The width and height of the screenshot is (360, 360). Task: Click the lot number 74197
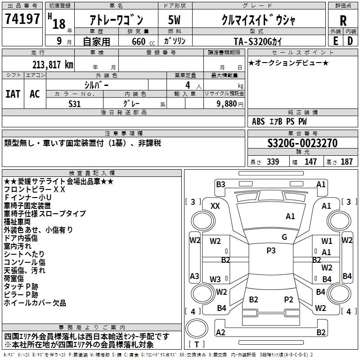coord(22,19)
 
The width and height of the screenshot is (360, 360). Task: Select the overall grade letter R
coord(343,20)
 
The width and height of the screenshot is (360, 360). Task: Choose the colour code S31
coord(75,103)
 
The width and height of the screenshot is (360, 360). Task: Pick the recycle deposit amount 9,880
coord(227,103)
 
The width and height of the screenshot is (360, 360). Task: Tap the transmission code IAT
coord(13,94)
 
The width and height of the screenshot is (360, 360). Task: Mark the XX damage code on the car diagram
coord(216,206)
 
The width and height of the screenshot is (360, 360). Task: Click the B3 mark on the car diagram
coord(220,184)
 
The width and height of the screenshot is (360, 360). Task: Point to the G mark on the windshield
coord(284,237)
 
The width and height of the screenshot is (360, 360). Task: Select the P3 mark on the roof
coord(271,251)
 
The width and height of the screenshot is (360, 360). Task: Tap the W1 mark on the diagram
coord(327,241)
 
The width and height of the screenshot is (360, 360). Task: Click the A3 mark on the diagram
coord(194,276)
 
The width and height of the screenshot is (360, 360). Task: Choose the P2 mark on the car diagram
coord(289,299)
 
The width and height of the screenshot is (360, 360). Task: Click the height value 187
coord(347,162)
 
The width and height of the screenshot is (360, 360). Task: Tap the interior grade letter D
coord(350,41)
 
